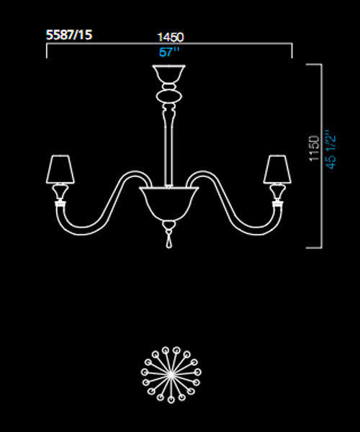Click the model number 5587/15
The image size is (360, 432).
click(x=69, y=35)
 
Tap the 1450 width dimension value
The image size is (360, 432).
click(x=171, y=37)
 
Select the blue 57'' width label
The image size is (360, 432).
click(x=169, y=52)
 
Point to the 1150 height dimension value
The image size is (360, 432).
click(x=314, y=148)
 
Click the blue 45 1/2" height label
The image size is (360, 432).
click(x=330, y=150)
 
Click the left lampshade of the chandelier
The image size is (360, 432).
click(x=60, y=169)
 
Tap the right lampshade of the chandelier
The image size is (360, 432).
click(x=277, y=169)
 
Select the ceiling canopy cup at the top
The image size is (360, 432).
click(x=169, y=74)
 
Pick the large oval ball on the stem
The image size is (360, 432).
click(x=169, y=97)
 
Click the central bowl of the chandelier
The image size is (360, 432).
click(x=169, y=203)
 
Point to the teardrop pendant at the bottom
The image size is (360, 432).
click(x=169, y=241)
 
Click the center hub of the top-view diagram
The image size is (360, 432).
click(x=171, y=374)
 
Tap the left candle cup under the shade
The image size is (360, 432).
click(x=60, y=192)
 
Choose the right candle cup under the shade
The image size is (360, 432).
click(x=277, y=192)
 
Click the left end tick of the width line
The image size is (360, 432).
click(x=47, y=50)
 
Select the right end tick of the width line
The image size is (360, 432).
click(x=292, y=50)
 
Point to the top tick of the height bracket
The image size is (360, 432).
click(x=314, y=65)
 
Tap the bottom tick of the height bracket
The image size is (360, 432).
click(x=314, y=248)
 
